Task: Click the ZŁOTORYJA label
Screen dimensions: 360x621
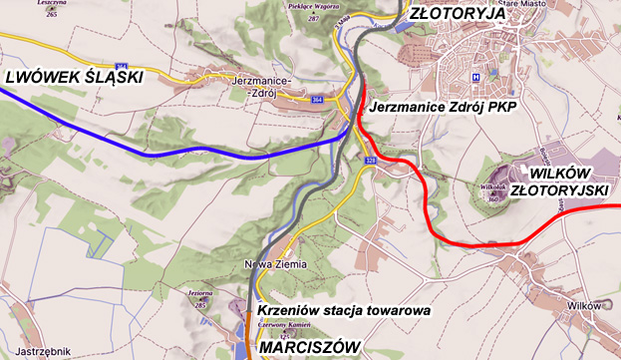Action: [460, 15]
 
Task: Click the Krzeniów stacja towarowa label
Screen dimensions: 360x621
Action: [343, 310]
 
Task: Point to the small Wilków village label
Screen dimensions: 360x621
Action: [581, 305]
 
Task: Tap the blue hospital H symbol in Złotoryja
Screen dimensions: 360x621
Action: [476, 78]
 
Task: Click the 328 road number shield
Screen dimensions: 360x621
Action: [371, 160]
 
